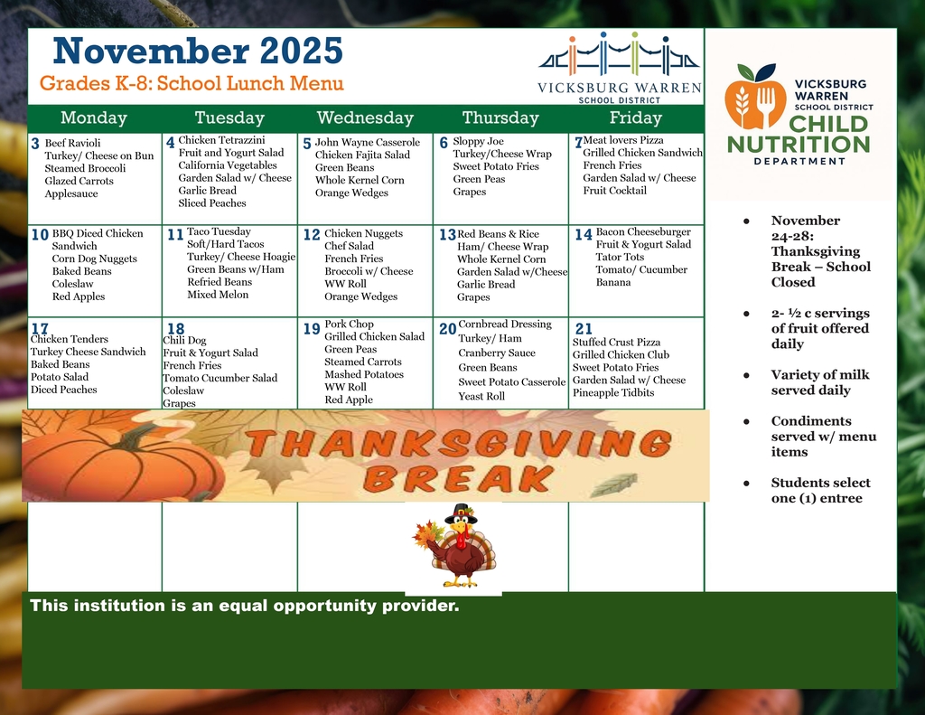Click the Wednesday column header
tap(365, 118)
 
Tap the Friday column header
tap(635, 118)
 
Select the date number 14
tap(583, 235)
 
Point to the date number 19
tap(312, 329)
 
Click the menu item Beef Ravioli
tap(72, 143)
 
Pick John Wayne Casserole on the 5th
tap(367, 143)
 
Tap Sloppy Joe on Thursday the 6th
tap(480, 142)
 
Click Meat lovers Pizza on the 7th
tap(623, 141)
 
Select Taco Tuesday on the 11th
tap(219, 232)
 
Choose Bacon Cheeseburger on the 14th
tap(643, 232)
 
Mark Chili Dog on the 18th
tap(184, 341)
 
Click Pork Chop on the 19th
tap(349, 325)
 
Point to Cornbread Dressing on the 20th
tap(504, 325)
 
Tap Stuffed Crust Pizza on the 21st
tap(616, 343)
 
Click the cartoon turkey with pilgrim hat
tap(458, 547)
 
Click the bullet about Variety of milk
tap(810, 382)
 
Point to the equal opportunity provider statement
tap(245, 606)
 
